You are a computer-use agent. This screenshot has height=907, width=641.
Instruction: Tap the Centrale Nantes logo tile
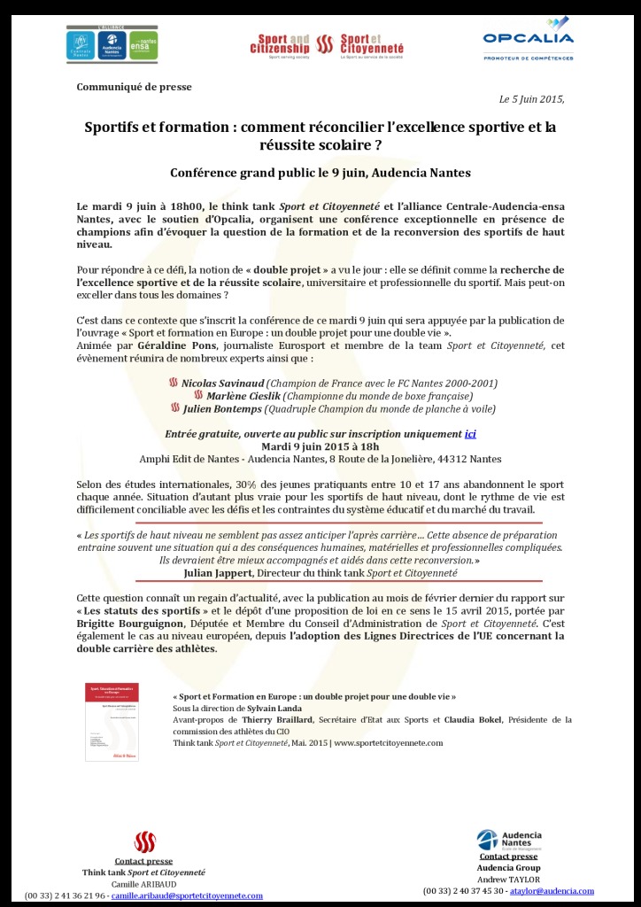(81, 45)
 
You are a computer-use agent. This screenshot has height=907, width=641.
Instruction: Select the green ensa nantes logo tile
(143, 45)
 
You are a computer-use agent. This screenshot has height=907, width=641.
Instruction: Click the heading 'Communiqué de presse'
(134, 87)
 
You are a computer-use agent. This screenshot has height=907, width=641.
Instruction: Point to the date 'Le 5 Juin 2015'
(531, 99)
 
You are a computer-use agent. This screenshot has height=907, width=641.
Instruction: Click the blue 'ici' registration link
(470, 434)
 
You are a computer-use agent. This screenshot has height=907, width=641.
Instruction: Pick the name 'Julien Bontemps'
(221, 409)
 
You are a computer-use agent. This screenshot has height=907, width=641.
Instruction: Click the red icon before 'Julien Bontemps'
(174, 409)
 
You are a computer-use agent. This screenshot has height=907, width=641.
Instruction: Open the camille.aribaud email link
(187, 895)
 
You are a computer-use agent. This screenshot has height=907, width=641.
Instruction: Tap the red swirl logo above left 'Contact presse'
(144, 842)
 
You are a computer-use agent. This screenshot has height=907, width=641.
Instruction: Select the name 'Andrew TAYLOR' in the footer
(508, 879)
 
